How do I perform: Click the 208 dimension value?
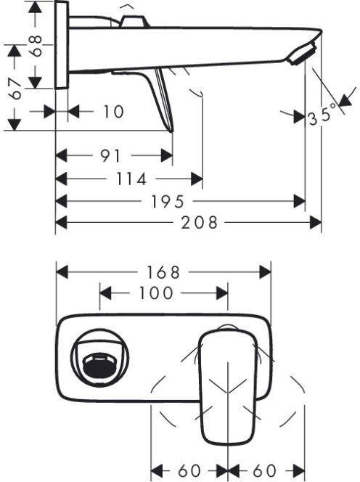(x=199, y=222)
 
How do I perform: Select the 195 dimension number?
(x=167, y=202)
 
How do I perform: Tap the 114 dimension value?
(x=131, y=179)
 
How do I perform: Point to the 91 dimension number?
(x=110, y=156)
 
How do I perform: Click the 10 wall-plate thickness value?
(x=113, y=111)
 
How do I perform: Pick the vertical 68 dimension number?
(x=36, y=46)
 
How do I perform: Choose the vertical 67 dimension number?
(x=15, y=89)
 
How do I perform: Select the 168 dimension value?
(x=163, y=272)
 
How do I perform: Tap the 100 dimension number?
(x=156, y=293)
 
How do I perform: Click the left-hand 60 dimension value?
(x=189, y=470)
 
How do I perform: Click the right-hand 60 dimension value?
(x=264, y=470)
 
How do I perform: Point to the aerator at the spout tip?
(x=303, y=54)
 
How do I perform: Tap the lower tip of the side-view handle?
(x=171, y=131)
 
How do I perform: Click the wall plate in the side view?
(x=62, y=45)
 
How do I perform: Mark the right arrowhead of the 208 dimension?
(x=316, y=222)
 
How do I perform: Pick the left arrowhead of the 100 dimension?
(x=105, y=293)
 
